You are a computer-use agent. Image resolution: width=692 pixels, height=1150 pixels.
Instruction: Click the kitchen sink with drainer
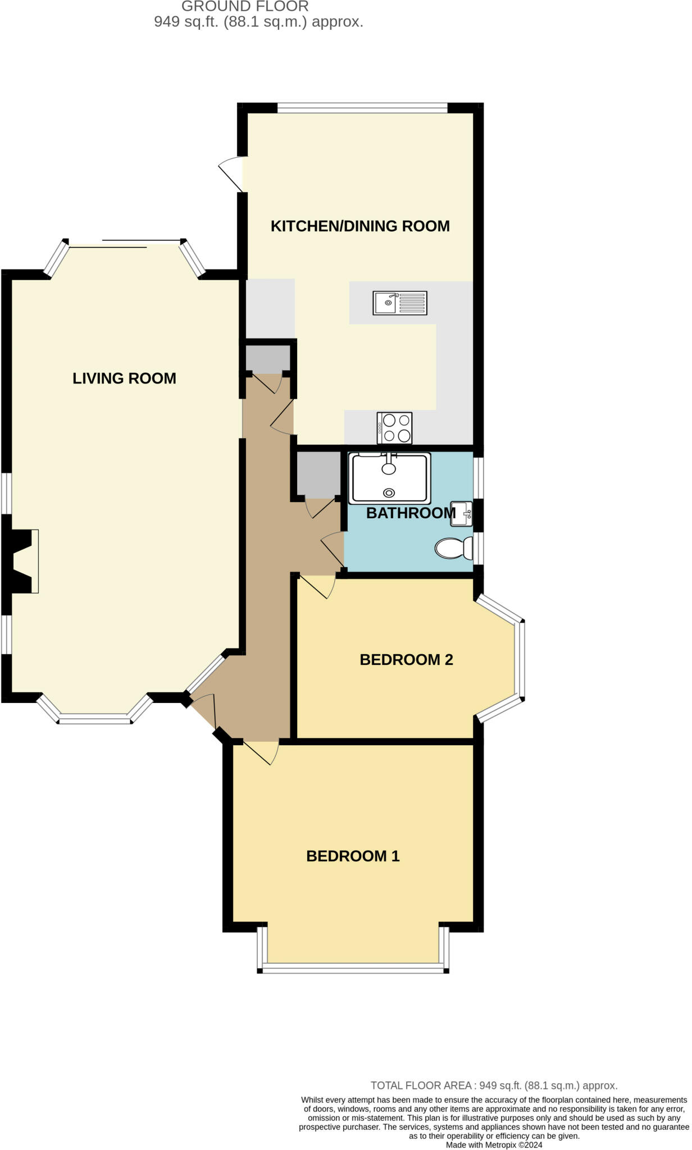coord(400,303)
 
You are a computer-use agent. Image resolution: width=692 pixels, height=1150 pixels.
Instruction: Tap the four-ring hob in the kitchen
coord(394,428)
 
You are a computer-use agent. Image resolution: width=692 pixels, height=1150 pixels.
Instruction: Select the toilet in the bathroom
coord(454,548)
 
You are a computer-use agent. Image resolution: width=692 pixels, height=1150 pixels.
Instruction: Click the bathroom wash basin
coord(461,514)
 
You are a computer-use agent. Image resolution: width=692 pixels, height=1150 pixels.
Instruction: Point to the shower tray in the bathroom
coord(389,478)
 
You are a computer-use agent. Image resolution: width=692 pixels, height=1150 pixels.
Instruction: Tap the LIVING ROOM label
coord(124,378)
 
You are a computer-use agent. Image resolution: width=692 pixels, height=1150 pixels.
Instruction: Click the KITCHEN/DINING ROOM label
coord(360,226)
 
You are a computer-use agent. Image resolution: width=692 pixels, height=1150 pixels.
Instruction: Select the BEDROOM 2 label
coord(406,659)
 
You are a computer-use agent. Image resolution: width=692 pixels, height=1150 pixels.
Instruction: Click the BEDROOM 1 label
coord(353,856)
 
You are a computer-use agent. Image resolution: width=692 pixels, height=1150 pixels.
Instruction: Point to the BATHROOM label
coord(411,513)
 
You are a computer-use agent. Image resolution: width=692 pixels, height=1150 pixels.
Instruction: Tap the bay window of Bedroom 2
coord(520,660)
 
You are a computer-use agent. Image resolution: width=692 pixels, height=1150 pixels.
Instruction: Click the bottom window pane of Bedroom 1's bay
coord(353,968)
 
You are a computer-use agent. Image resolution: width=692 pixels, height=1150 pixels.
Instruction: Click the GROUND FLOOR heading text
coord(245,7)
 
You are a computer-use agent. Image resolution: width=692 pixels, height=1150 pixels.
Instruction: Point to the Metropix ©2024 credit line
coord(494,1144)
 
